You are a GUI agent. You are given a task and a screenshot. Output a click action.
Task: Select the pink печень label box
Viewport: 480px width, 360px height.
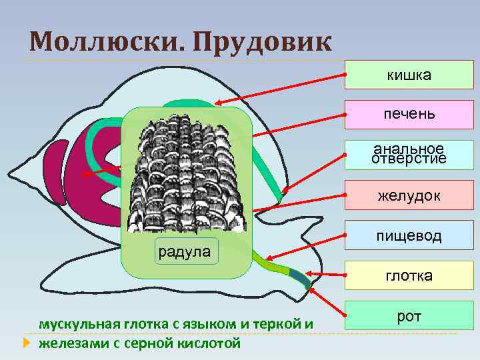pos(409,114)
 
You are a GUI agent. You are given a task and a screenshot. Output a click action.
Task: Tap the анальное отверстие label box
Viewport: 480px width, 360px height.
pos(409,154)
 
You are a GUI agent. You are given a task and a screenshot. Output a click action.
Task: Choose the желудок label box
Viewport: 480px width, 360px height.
pos(409,196)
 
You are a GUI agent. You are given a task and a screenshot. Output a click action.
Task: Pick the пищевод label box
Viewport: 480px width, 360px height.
pos(409,236)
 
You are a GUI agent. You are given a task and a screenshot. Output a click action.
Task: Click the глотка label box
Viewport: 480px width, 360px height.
pos(409,275)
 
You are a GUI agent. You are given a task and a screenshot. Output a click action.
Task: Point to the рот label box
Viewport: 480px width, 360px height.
pos(409,316)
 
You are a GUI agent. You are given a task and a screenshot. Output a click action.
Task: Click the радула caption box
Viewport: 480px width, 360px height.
pos(183,251)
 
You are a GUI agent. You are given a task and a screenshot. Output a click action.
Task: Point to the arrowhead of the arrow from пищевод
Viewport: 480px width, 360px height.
pos(266,257)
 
